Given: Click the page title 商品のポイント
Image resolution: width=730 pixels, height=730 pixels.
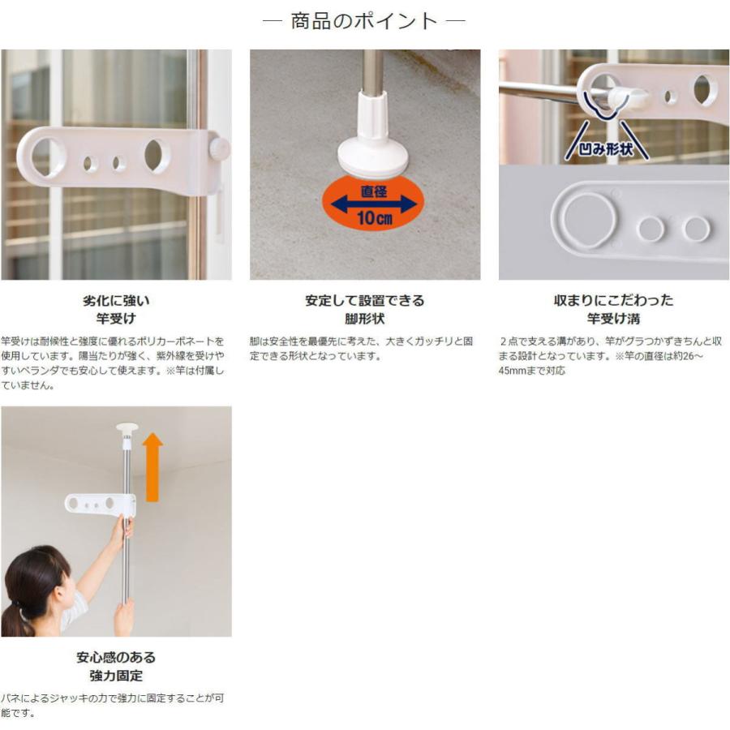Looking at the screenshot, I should point(364,21).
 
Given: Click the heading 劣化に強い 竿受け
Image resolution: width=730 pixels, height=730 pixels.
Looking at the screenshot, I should point(116,309).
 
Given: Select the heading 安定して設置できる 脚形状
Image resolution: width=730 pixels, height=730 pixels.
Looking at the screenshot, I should point(364,309).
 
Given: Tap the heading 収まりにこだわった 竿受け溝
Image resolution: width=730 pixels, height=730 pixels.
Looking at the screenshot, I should point(613,309).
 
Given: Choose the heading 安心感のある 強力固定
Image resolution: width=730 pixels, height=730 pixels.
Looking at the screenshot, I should point(116,666).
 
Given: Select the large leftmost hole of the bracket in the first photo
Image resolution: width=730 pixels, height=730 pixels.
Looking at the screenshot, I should point(48,157).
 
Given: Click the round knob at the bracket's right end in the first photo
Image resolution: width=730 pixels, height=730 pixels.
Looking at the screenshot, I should point(218,149).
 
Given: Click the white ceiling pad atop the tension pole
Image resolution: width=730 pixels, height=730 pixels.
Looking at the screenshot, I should point(127,427).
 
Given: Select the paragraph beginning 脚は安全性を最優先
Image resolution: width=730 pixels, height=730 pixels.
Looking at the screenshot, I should point(361,348).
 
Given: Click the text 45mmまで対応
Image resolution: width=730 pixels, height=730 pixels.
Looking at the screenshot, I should point(532,371).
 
